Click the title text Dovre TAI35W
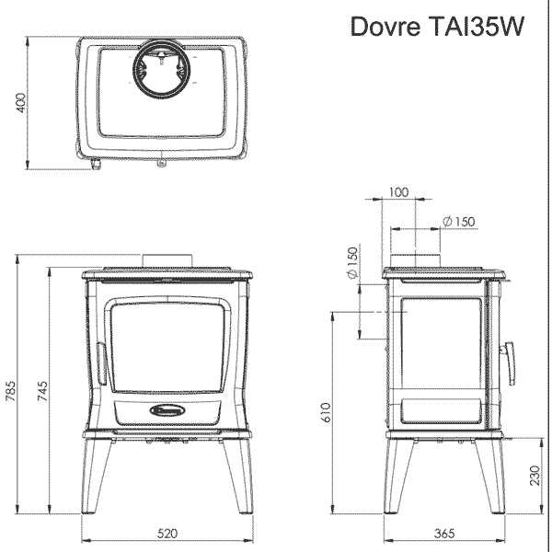437,26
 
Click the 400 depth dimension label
21,103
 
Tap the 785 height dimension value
10,391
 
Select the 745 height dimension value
42,391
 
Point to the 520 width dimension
167,534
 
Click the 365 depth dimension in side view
444,534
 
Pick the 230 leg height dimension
535,476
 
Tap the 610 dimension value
326,412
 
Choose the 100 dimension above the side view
399,192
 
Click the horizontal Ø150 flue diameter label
459,222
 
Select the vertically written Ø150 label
352,262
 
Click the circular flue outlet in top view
162,68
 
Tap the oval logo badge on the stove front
167,409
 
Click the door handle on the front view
101,363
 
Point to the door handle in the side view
509,363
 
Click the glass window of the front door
167,348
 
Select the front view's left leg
96,476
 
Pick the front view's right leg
238,476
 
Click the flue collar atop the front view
167,260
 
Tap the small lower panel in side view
442,410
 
